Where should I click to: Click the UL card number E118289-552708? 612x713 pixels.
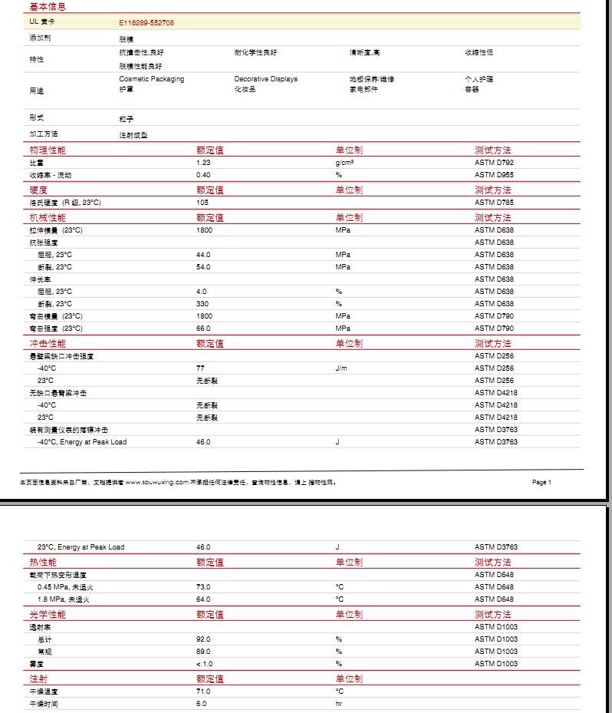[x=146, y=23]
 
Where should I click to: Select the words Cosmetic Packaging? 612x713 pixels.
[x=152, y=79]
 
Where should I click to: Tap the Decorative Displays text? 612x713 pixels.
[x=266, y=79]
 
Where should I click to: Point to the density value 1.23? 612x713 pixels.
[x=203, y=163]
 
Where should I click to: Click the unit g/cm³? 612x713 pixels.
[x=344, y=163]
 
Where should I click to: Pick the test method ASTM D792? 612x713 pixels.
[x=495, y=163]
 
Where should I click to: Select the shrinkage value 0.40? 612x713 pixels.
[x=203, y=175]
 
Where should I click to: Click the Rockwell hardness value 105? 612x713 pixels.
[x=202, y=203]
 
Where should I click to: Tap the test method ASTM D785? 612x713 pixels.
[x=495, y=203]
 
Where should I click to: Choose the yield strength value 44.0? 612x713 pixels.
[x=203, y=255]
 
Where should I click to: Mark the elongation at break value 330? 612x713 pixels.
[x=202, y=304]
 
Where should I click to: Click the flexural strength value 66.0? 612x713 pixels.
[x=203, y=328]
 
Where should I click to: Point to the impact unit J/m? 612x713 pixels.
[x=341, y=368]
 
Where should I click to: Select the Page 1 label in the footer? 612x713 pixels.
[x=541, y=483]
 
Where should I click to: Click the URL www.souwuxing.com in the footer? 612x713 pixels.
[x=156, y=483]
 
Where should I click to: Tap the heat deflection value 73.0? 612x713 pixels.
[x=203, y=587]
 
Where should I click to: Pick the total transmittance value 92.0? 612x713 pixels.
[x=203, y=639]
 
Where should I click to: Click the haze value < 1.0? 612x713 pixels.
[x=204, y=664]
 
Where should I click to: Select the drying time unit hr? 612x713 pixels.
[x=338, y=704]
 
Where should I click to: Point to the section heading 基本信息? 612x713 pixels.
[x=47, y=6]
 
